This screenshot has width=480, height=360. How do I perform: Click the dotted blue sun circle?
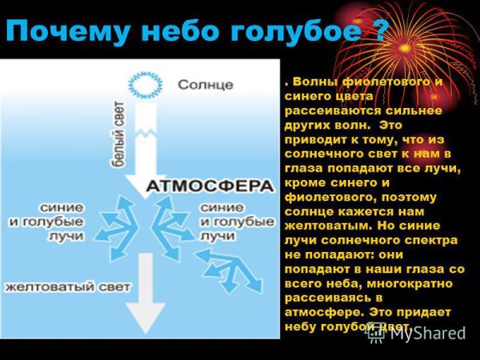coord(145,83)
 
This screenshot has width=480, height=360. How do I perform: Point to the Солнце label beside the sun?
coord(206,84)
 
